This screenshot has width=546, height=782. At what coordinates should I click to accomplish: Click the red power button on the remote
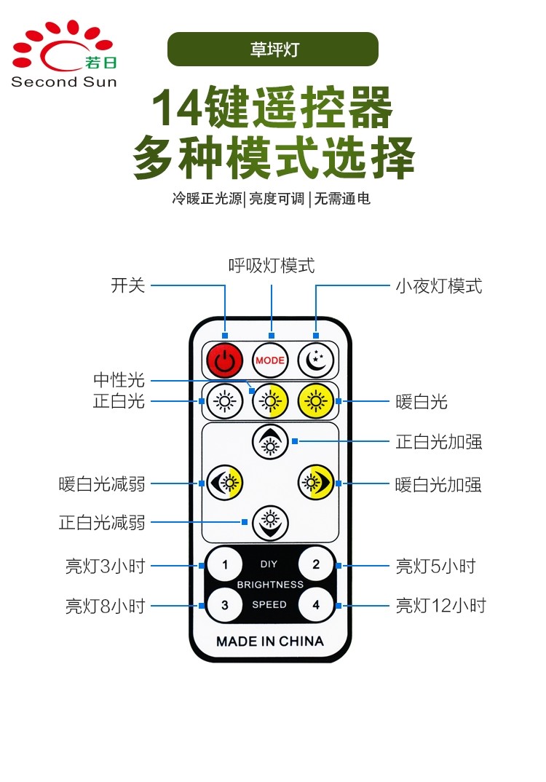coord(225,360)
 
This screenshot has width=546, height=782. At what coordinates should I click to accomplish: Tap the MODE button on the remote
coord(270,360)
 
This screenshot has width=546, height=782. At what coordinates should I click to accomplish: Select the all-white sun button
coord(225,401)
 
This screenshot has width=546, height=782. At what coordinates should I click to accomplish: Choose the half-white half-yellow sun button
coord(270,401)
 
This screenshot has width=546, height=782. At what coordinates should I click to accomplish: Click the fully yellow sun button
coord(316,401)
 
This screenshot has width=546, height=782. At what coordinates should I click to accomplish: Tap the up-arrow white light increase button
coord(270,442)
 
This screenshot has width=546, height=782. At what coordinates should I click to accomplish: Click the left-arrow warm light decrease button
coord(225,483)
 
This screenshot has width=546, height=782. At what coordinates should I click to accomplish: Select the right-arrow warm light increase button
coord(316,483)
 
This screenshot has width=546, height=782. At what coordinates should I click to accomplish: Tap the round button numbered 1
coord(225,564)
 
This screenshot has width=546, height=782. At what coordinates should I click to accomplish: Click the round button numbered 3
coord(225,605)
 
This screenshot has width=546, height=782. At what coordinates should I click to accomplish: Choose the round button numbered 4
coord(316,605)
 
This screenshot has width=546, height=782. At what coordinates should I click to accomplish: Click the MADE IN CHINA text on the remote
coord(270,641)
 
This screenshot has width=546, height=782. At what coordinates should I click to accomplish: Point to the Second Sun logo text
coord(64,82)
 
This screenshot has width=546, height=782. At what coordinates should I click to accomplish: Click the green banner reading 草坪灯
coord(273,49)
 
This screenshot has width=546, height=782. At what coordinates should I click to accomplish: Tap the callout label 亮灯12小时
coord(440,606)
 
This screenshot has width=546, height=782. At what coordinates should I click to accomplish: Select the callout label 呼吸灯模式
coord(272,265)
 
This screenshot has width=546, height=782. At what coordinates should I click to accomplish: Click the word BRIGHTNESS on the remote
coord(270,585)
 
